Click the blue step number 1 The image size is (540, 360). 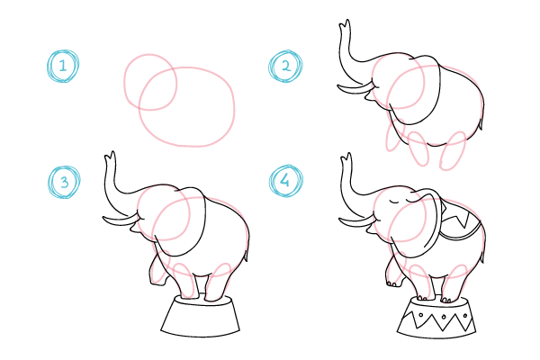[x=62, y=66]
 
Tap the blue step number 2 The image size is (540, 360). [x=286, y=66]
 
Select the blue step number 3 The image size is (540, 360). [x=65, y=182]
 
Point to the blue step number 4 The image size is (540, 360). [x=284, y=180]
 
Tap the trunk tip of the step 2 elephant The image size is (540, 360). [x=345, y=25]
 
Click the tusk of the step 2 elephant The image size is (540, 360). [x=355, y=88]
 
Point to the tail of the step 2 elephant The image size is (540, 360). [x=480, y=124]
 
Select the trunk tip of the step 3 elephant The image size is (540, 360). [x=110, y=157]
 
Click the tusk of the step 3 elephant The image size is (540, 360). [x=121, y=220]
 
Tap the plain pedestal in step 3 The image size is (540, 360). [x=201, y=315]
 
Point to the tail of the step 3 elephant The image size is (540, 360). [x=246, y=256]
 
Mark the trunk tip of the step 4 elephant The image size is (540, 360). [x=346, y=158]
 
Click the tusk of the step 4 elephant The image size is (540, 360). [x=356, y=221]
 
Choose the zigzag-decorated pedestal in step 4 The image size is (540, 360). [x=436, y=318]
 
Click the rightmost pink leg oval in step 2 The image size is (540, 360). [x=454, y=150]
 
